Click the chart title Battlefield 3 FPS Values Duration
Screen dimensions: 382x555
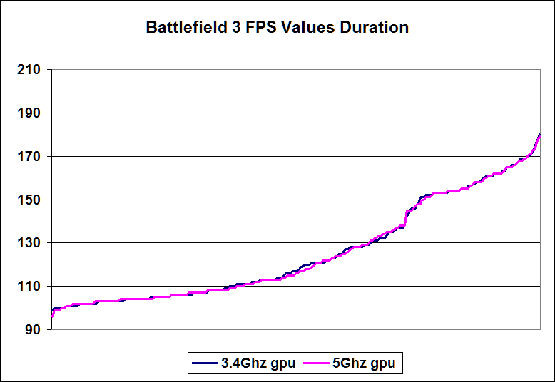[x=277, y=28]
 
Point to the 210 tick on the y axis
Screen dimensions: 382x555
[x=30, y=70]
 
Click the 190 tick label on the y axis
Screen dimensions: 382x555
[x=30, y=113]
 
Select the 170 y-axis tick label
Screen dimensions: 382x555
[x=30, y=157]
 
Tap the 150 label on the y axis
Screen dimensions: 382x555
[x=30, y=200]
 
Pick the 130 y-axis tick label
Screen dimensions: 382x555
[x=30, y=243]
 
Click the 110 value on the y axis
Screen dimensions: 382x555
[x=30, y=286]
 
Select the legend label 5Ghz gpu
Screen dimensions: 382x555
[x=363, y=363]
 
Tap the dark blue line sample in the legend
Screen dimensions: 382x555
[x=204, y=363]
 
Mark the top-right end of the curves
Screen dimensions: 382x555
[x=540, y=135]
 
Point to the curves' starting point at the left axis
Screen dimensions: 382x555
[x=51, y=316]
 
